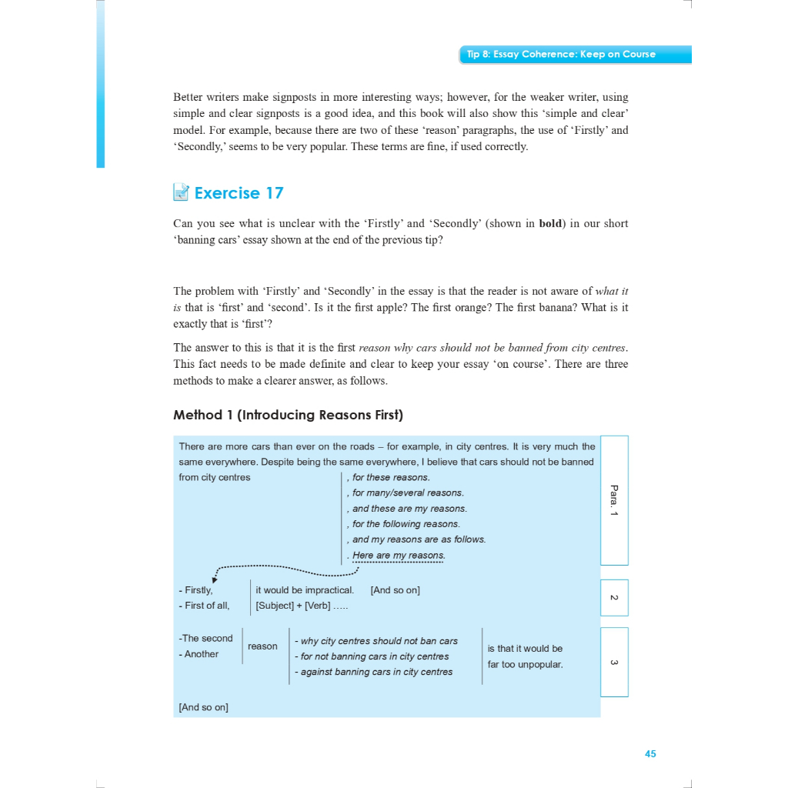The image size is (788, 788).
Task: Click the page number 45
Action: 650,754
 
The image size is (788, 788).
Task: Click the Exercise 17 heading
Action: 239,193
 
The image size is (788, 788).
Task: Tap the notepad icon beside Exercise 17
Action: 181,192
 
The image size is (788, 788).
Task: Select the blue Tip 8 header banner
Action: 575,55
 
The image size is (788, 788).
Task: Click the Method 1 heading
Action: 288,415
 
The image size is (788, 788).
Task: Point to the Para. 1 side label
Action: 613,500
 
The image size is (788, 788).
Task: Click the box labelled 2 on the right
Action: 613,598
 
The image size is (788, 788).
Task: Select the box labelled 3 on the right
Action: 613,662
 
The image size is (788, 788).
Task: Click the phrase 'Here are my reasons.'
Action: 399,556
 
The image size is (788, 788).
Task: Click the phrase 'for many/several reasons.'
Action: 408,493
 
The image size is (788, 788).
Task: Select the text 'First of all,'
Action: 207,606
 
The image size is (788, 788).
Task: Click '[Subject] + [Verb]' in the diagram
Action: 293,606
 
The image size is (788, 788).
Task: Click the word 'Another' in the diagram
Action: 202,654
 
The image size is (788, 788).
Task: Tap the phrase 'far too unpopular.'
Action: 525,664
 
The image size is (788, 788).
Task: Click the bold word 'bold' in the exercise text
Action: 550,224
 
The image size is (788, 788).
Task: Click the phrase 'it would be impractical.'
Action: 305,590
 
